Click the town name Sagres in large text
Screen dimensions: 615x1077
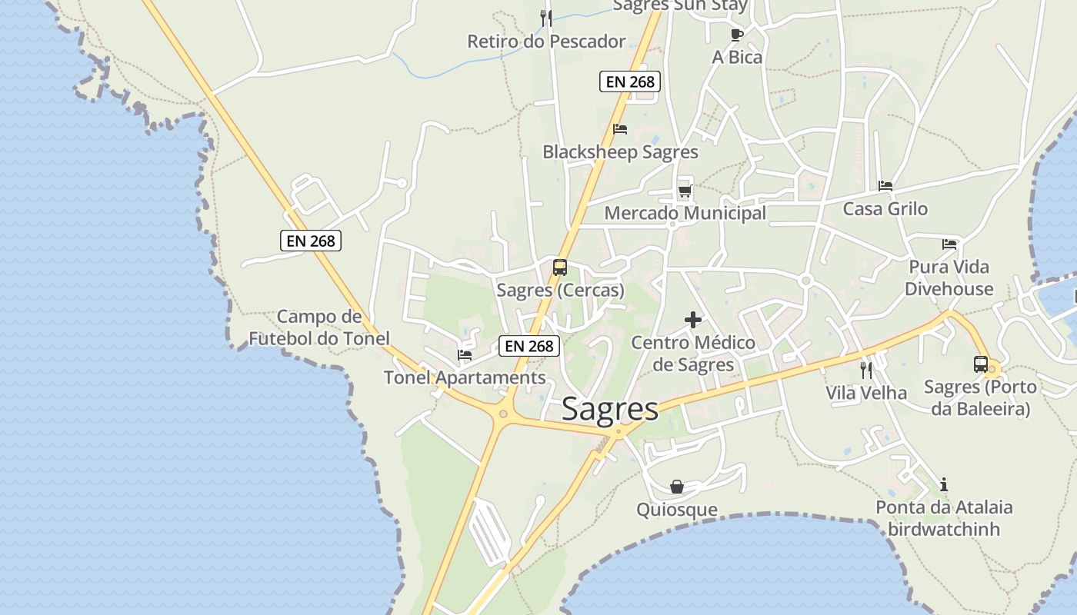pos(610,409)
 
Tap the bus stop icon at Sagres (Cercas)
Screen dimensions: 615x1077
pos(560,268)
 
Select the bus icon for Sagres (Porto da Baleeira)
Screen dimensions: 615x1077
pos(981,364)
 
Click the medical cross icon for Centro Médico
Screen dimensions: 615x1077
pos(693,320)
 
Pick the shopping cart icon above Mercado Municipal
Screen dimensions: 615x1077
pos(685,191)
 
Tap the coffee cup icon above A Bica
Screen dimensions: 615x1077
pos(736,35)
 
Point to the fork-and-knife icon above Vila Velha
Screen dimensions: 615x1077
pos(866,371)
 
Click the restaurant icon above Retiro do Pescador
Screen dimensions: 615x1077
pos(546,18)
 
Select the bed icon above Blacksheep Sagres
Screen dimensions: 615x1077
pos(620,129)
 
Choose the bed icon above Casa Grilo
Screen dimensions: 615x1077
pos(885,186)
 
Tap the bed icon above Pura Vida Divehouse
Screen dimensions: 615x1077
pos(949,244)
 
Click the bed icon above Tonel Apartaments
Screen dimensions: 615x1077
pos(465,355)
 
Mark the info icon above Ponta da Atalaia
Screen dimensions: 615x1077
pos(944,484)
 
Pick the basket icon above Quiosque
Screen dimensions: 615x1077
pos(677,487)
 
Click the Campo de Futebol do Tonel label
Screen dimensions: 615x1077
pos(319,327)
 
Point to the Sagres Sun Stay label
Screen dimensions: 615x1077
pos(680,6)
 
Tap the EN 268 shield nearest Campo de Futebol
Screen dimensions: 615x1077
pos(311,241)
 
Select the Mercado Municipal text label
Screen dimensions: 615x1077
pos(685,213)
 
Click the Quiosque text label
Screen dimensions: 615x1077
pos(677,510)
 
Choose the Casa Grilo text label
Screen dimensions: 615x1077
pos(885,209)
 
